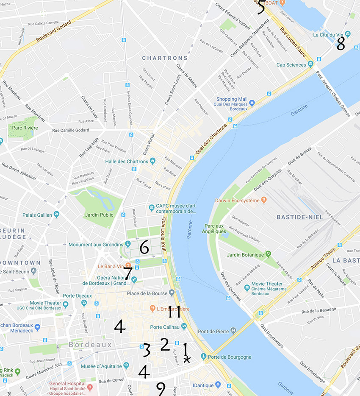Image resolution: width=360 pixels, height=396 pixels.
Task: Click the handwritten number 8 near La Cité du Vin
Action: tap(341, 44)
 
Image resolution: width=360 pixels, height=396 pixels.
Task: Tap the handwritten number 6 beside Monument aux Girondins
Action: tap(144, 247)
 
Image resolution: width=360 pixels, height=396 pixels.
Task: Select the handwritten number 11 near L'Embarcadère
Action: tap(174, 312)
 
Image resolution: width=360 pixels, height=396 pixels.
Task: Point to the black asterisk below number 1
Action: tap(187, 360)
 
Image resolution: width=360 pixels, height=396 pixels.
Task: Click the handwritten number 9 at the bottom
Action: tap(161, 388)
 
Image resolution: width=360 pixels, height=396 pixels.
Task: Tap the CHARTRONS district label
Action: tap(165, 58)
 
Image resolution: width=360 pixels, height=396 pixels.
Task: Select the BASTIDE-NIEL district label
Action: tap(300, 217)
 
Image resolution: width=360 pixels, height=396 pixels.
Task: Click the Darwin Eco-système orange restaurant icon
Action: tap(264, 199)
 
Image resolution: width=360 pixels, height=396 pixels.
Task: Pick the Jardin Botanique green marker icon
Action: tap(268, 254)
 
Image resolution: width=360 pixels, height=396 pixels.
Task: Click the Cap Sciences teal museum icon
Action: tap(310, 64)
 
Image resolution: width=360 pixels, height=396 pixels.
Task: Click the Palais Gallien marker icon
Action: tap(56, 215)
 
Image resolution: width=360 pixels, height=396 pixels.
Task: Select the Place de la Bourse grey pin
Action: tap(172, 293)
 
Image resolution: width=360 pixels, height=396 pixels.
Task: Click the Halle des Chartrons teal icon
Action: tap(153, 161)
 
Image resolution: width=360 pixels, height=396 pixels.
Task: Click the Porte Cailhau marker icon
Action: tap(184, 326)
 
